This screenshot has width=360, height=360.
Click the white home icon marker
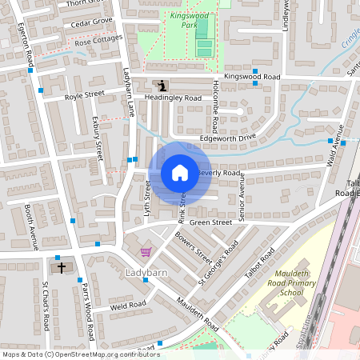point(180,172)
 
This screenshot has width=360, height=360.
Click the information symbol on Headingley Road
point(163,86)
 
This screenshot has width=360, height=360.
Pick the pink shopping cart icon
point(145,253)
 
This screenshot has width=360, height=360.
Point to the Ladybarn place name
point(147,273)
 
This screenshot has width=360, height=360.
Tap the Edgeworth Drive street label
point(227,138)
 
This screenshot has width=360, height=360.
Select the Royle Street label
point(85,94)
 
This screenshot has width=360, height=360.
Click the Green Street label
point(210,222)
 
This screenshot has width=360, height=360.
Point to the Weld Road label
point(128,305)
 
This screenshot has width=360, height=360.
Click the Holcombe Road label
point(215,107)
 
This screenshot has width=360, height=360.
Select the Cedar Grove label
point(92,22)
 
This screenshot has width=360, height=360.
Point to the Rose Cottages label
point(99,39)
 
